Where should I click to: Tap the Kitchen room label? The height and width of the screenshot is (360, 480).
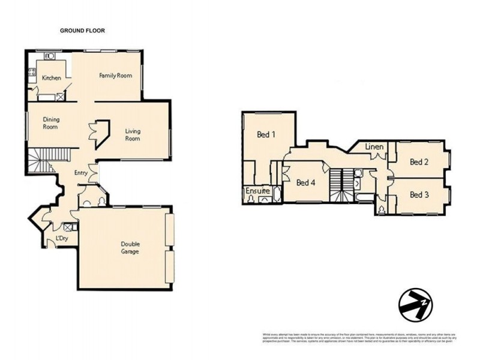(51, 78)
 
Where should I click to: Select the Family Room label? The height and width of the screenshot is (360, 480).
(115, 76)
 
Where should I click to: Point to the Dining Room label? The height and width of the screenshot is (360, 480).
(50, 123)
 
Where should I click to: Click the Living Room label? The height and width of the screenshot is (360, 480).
(133, 134)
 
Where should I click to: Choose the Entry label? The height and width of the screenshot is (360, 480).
(80, 173)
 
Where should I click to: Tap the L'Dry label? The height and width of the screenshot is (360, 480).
(60, 239)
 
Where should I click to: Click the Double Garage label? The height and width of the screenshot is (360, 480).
(130, 248)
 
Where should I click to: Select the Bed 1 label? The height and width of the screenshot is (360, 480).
(266, 134)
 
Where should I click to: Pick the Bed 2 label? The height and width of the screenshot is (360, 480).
(418, 161)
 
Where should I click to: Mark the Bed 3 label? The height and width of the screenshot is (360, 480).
(418, 194)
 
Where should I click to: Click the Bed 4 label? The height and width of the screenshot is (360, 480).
(306, 182)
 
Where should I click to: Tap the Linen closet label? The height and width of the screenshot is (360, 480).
(374, 147)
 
